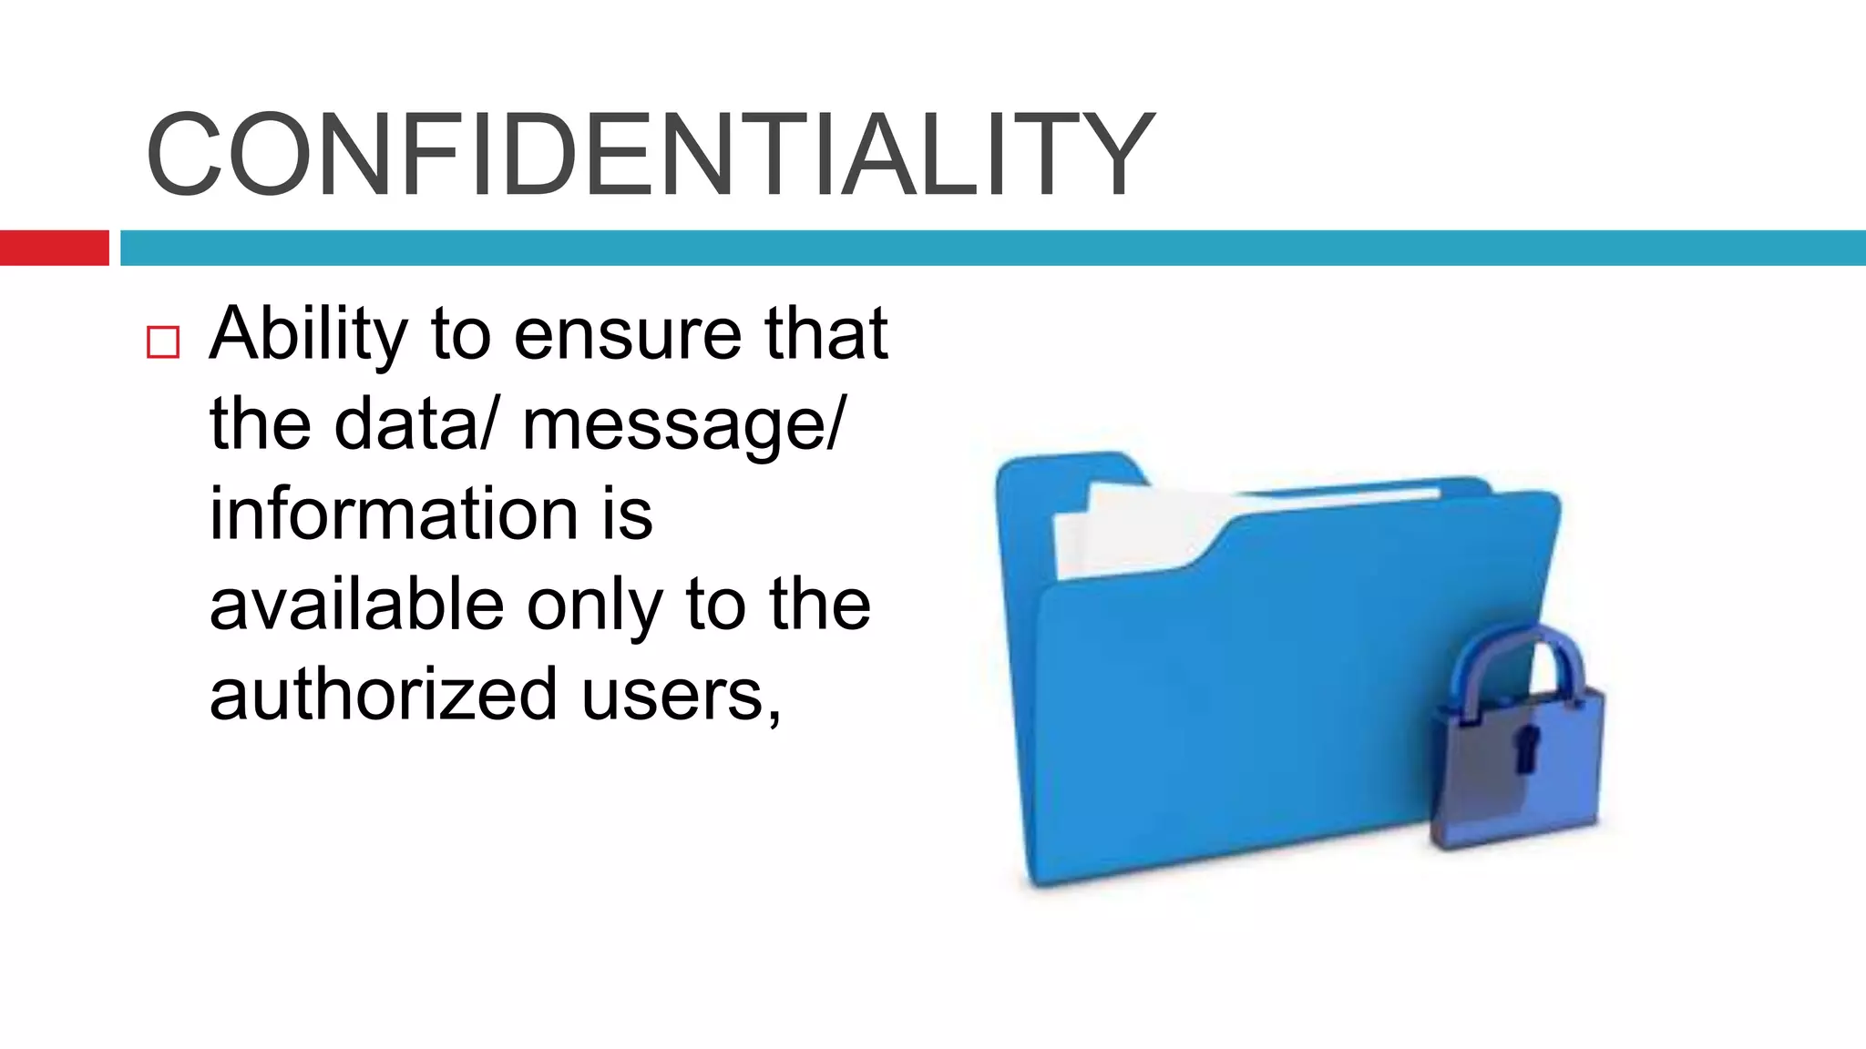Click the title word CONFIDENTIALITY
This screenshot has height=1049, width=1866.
(x=650, y=153)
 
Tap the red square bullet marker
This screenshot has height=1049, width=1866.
(x=163, y=342)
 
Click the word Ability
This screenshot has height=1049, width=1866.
(x=308, y=335)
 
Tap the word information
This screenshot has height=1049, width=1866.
(x=394, y=514)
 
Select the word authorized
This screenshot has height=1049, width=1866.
(x=383, y=694)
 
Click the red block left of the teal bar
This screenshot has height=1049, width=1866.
(x=54, y=248)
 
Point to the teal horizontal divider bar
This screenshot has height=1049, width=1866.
(x=992, y=248)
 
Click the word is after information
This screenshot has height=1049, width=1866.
(x=627, y=514)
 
